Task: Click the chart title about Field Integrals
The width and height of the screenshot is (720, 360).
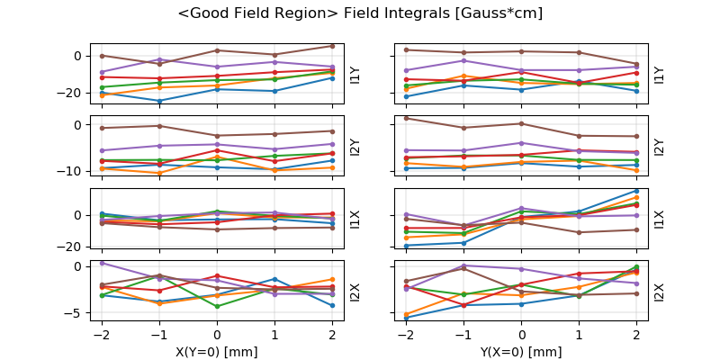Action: tap(360, 13)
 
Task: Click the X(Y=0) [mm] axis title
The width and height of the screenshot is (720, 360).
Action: tap(216, 352)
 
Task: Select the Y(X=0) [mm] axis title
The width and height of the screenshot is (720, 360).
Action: tap(521, 352)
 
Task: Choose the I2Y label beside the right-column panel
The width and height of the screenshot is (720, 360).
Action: tap(660, 146)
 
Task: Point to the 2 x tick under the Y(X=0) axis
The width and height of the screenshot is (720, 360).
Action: tap(636, 334)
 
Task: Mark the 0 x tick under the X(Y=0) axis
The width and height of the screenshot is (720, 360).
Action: tap(216, 334)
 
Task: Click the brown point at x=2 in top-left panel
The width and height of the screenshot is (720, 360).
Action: tap(332, 46)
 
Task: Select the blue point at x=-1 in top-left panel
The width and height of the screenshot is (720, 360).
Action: tap(159, 101)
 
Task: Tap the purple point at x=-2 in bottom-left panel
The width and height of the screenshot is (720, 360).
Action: tap(102, 263)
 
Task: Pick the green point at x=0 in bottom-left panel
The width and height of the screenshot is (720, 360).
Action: tap(217, 307)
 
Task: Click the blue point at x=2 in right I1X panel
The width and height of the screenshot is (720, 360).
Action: tap(636, 190)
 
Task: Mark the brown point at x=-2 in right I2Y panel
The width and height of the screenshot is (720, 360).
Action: tap(407, 118)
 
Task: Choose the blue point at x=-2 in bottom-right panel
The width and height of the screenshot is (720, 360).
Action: tap(407, 318)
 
